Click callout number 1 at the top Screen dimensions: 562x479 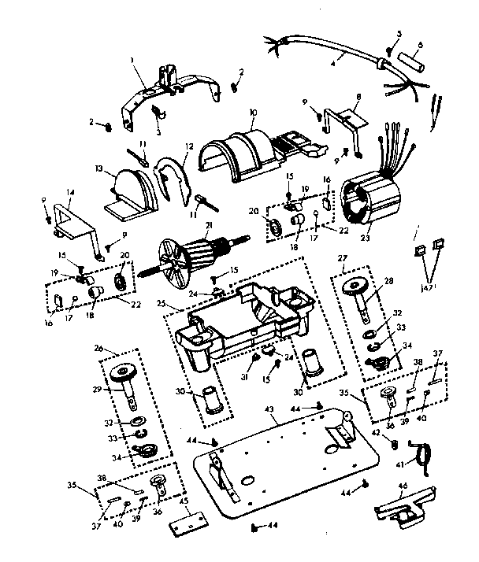coord(134,59)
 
